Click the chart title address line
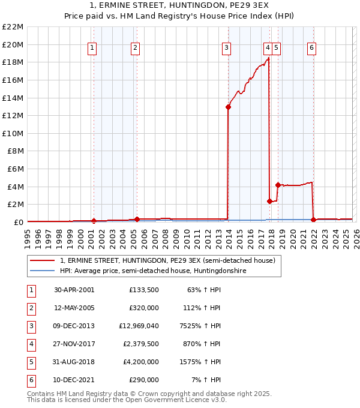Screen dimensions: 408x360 180,6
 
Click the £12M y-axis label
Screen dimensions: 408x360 13,115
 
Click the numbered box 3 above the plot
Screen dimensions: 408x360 226,48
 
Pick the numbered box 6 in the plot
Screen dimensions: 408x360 312,48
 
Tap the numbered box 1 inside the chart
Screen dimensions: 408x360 92,48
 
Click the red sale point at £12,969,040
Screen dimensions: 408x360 229,107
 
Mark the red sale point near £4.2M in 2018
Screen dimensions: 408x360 278,185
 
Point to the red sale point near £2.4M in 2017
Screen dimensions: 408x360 269,201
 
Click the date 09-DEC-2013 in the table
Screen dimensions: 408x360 74,326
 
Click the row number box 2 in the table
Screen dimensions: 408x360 31,308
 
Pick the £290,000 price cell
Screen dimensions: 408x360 143,380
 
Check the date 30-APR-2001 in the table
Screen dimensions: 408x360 74,290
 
